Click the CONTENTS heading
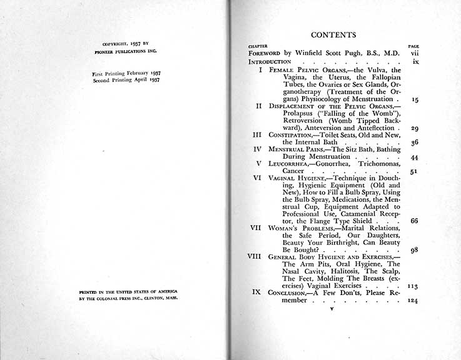(333, 35)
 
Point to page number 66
(414, 221)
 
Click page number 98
(414, 249)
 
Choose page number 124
(413, 301)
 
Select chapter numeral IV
(256, 149)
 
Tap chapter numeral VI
(256, 177)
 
